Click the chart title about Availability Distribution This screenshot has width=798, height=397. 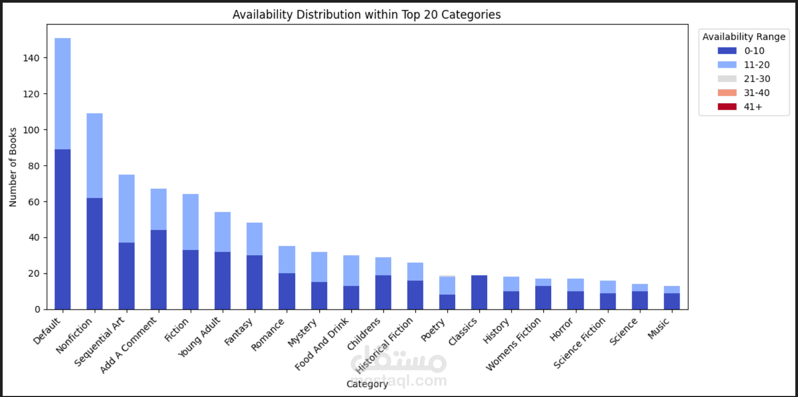point(366,15)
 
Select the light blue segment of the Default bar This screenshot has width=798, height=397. point(62,94)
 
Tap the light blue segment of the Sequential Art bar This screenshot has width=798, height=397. point(126,208)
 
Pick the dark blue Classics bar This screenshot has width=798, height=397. point(479,292)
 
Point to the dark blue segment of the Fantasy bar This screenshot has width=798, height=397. point(254,282)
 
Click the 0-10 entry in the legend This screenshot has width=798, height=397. point(744,51)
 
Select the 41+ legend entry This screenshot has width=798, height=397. point(744,107)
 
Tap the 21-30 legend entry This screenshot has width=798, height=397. point(744,79)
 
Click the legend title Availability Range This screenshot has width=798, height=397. point(744,37)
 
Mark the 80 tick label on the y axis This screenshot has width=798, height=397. point(34,166)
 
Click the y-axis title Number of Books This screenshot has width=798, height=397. point(13,167)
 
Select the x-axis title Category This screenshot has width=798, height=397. point(367,384)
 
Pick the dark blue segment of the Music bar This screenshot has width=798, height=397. point(672,301)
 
